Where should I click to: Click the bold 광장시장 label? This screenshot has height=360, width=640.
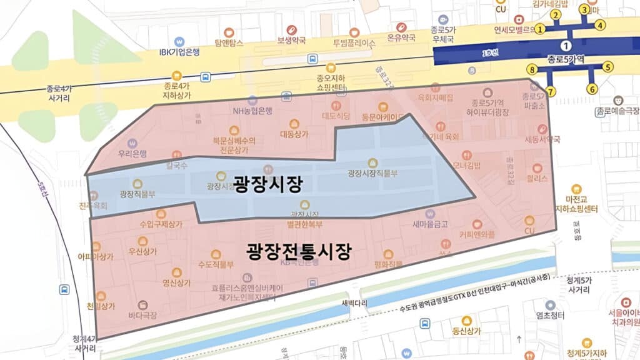coord(268,184)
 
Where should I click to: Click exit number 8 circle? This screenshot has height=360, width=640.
coord(532,69)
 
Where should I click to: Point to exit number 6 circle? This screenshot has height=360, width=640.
coord(591,89)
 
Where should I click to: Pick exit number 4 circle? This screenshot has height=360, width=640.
coord(600,25)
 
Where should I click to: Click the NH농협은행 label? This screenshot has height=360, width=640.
coord(252,111)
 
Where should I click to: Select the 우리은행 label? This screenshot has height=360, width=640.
coord(132,153)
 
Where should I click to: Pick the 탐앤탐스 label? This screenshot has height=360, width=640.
coord(228,42)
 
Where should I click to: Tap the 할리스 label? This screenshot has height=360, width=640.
coord(537,178)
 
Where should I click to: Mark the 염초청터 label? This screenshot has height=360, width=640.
coord(551,314)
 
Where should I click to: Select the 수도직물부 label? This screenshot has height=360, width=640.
coord(215,264)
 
